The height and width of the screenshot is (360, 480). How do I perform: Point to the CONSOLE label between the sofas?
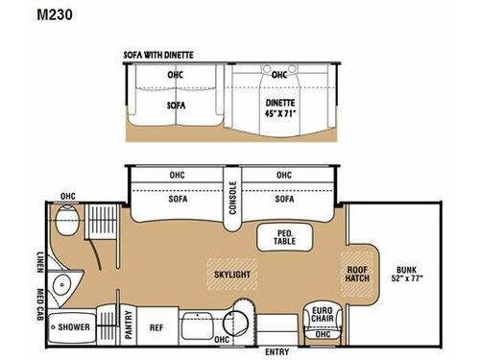pos(231,198)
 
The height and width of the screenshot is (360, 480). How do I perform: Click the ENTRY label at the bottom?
pos(274,351)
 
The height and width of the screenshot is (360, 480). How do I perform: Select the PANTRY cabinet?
pos(128,324)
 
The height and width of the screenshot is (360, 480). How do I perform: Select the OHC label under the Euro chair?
pos(323,335)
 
